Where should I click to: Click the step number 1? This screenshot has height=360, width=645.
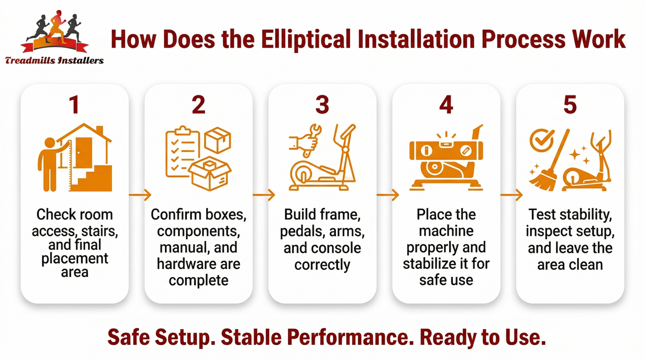click(74, 105)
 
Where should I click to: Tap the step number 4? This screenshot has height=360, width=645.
click(446, 105)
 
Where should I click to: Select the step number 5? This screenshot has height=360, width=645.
click(570, 105)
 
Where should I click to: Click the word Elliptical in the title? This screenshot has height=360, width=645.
click(306, 40)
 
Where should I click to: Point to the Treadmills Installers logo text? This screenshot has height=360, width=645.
click(54, 61)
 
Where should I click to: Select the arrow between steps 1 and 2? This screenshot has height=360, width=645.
click(140, 194)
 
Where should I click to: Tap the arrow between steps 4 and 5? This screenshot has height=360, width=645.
click(511, 194)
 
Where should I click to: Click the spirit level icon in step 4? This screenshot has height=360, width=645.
click(446, 150)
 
